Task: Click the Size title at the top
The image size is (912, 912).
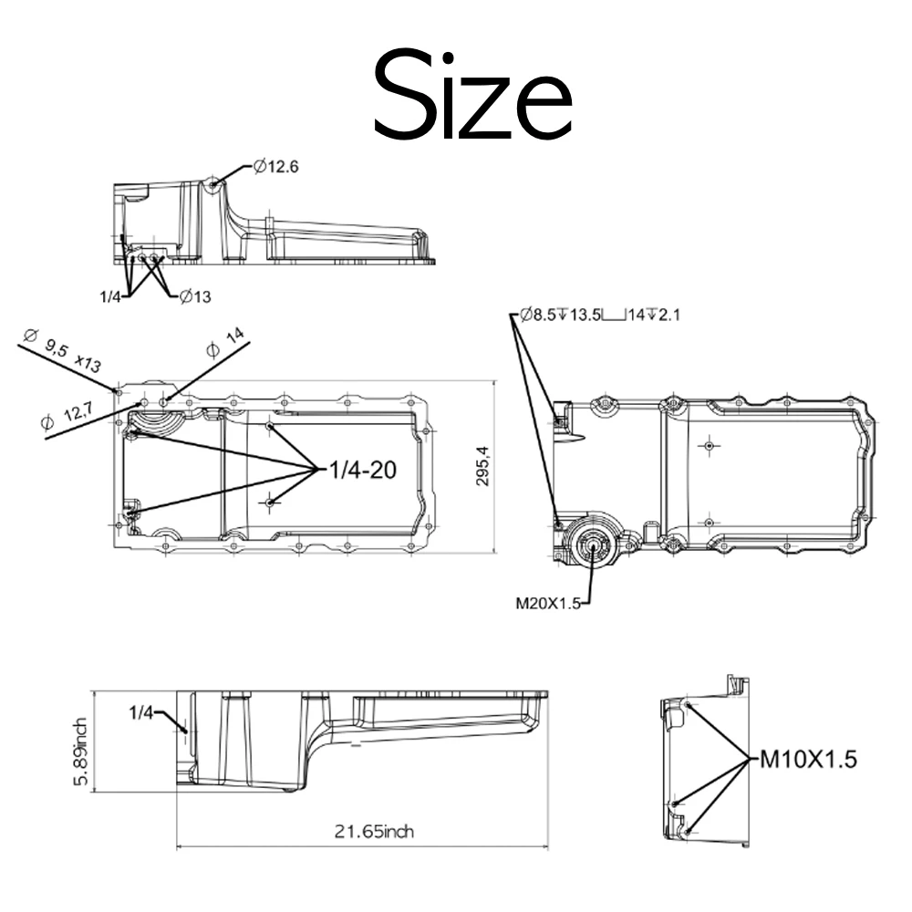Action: pyautogui.click(x=472, y=95)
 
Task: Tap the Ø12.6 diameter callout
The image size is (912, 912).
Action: pyautogui.click(x=276, y=167)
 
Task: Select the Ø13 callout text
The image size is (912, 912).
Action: pyautogui.click(x=195, y=296)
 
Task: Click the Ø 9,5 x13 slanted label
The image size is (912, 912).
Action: pyautogui.click(x=63, y=350)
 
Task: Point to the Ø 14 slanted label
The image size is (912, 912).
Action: pyautogui.click(x=225, y=342)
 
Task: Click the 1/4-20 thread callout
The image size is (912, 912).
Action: pyautogui.click(x=363, y=470)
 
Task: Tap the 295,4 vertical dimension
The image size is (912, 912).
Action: pyautogui.click(x=482, y=466)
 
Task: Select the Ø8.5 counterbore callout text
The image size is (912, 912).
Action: pyautogui.click(x=600, y=315)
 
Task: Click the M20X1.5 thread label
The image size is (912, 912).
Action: pyautogui.click(x=548, y=603)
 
